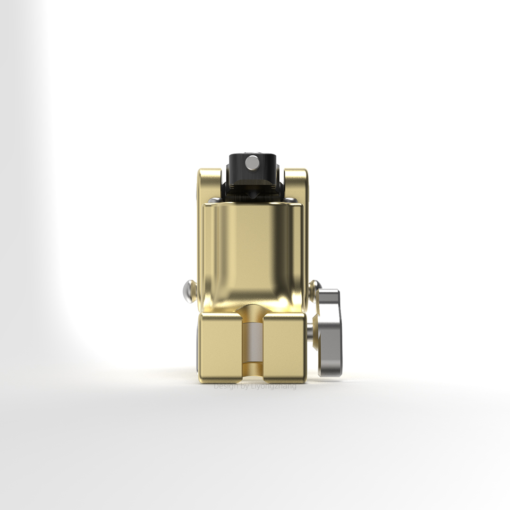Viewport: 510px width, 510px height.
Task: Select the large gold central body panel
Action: point(253,253)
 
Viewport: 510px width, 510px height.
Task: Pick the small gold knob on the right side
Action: point(314,285)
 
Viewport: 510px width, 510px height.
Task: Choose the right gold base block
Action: point(285,347)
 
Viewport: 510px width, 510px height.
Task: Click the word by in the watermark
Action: point(245,386)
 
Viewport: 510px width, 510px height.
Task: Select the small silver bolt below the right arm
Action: point(293,200)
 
